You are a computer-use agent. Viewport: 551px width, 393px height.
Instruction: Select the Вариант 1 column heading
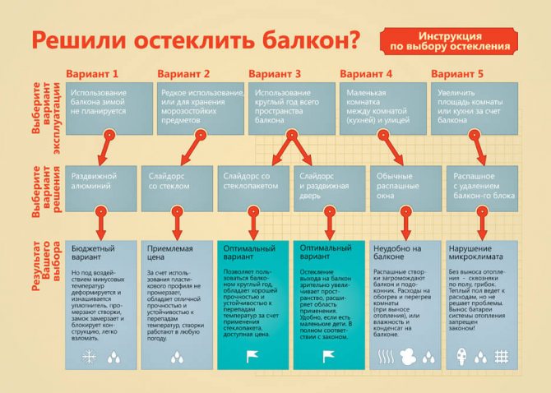pyautogui.click(x=97, y=74)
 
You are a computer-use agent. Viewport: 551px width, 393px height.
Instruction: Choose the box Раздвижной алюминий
pyautogui.click(x=100, y=183)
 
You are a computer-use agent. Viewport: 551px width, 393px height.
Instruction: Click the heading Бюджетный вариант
pyautogui.click(x=93, y=252)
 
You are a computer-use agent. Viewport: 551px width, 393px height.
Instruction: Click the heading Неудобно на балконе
pyautogui.click(x=397, y=252)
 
